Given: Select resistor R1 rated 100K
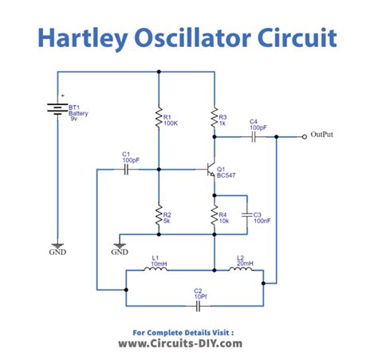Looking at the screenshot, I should (x=158, y=119).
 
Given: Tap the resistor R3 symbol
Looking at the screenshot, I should (x=214, y=119).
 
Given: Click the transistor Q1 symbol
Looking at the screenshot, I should (x=210, y=170).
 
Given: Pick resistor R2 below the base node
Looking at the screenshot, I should (x=158, y=214).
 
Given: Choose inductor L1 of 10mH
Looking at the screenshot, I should (x=156, y=270).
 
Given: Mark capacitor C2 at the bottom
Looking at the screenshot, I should (x=197, y=304).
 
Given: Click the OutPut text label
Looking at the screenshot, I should (x=322, y=135).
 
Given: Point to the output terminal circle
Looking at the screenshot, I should (x=304, y=137).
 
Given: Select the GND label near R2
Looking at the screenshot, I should (x=120, y=252).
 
